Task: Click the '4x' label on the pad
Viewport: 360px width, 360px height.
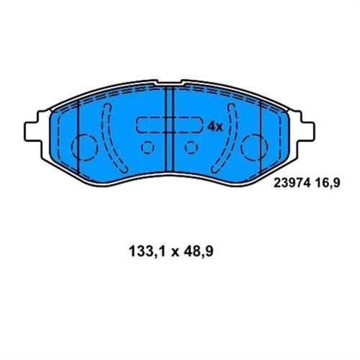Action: [x=215, y=126]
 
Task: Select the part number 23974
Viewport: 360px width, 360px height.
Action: [x=291, y=183]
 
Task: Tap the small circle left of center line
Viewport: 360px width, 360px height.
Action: [x=148, y=149]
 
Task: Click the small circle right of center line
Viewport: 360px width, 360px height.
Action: [x=191, y=149]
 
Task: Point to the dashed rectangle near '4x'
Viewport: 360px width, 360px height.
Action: [x=167, y=126]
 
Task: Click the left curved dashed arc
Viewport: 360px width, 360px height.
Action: [x=107, y=133]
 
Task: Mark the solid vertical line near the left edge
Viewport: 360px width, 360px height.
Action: [x=76, y=140]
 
